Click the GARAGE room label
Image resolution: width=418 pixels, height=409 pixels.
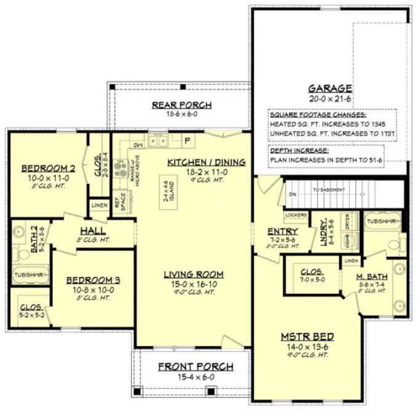pos(330,88)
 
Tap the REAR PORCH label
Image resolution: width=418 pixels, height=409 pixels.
pos(182,105)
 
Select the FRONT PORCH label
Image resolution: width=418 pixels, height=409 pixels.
pos(196,366)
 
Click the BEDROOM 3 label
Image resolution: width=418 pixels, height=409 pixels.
pos(93,280)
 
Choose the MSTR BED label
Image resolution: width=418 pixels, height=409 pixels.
pos(308,337)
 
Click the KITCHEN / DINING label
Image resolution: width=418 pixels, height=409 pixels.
pos(206,162)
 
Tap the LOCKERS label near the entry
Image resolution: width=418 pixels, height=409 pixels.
pos(295,215)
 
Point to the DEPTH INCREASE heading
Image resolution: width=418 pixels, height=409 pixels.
pos(299,150)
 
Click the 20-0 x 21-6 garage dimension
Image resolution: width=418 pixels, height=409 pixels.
pos(330,99)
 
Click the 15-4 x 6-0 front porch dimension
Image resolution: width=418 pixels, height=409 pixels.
pos(196,377)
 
